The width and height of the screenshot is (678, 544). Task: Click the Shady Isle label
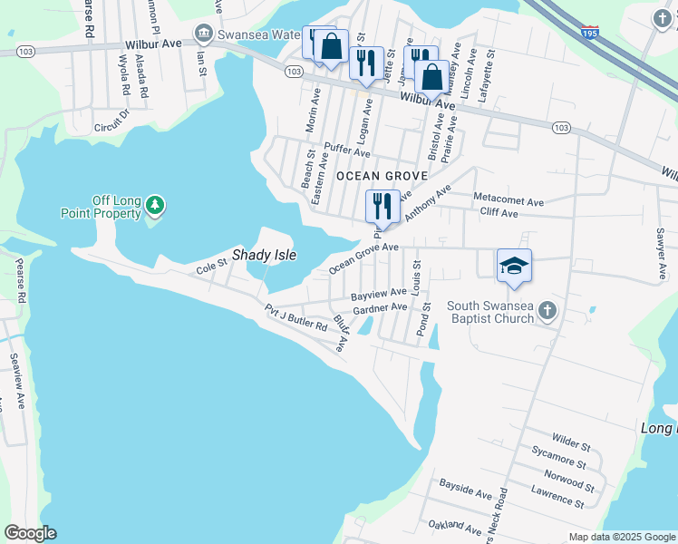tap(264, 256)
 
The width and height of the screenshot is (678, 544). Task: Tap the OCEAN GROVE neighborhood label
tap(375, 175)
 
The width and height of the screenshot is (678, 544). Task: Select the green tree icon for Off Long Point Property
tap(156, 206)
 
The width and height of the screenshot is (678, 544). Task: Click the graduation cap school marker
tap(514, 267)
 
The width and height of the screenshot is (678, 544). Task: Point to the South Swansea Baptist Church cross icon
tap(547, 311)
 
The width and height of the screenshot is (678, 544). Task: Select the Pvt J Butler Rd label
tap(295, 318)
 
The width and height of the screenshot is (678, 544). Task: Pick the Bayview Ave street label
tap(378, 294)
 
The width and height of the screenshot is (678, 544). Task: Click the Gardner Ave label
tap(380, 309)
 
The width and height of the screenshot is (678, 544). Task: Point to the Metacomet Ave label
tap(508, 200)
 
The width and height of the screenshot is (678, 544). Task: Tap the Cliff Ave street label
tap(499, 214)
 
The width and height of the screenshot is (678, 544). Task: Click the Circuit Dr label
tap(112, 123)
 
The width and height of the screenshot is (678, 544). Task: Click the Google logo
tap(30, 533)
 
